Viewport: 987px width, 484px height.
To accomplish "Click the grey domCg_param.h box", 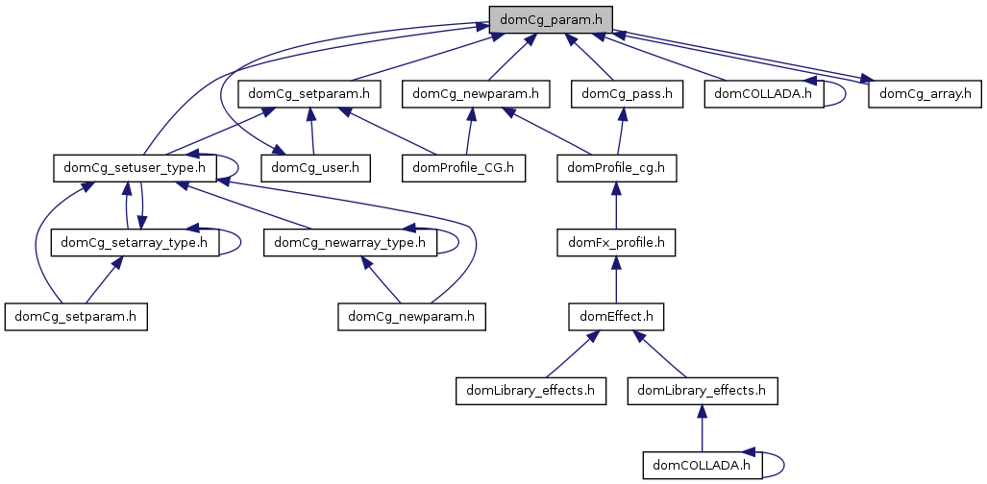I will (x=550, y=18).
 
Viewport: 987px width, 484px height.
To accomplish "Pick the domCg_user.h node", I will (x=315, y=168).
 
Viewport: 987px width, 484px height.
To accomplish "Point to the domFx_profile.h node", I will (x=616, y=242).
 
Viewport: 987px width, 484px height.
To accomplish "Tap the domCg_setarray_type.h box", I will (x=135, y=242).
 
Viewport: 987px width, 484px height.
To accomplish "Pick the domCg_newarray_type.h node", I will (x=350, y=242).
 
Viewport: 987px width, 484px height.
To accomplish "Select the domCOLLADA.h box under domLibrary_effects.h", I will (x=703, y=465).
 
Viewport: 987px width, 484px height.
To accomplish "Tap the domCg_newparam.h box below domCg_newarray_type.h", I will (x=412, y=316).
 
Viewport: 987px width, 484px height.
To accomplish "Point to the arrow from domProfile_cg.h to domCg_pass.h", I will (x=623, y=131).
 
